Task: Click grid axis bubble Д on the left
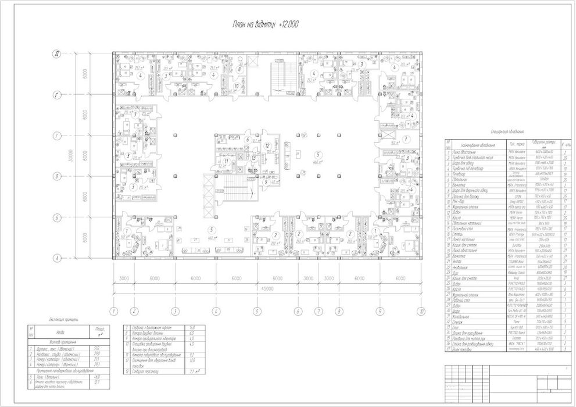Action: tap(57, 54)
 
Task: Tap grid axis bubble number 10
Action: tap(420, 311)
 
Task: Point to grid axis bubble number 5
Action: tap(256, 311)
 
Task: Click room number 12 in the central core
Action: tap(267, 145)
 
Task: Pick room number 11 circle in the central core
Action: tap(227, 161)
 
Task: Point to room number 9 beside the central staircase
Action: tap(265, 181)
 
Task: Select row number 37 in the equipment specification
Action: tap(448, 349)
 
